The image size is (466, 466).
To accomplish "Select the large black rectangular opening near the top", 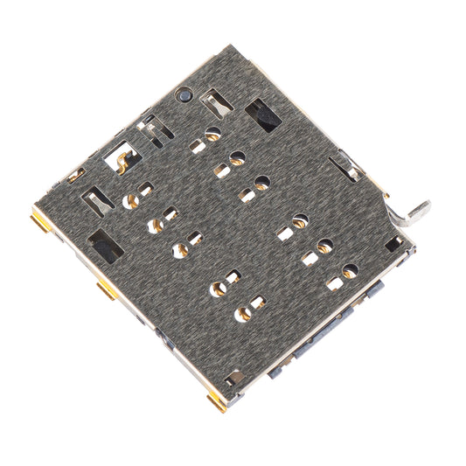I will click(x=262, y=115).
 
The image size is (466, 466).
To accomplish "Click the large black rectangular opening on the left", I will click(x=106, y=247).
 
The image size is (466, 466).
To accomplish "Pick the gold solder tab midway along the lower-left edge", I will click(x=107, y=289).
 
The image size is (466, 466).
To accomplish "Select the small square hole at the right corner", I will click(x=393, y=243).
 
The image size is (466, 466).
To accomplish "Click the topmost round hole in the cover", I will click(x=212, y=134).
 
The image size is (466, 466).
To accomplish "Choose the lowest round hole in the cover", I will click(x=241, y=314).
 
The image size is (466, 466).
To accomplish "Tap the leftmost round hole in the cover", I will click(x=133, y=200).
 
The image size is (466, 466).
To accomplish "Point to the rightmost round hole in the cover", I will click(x=350, y=271).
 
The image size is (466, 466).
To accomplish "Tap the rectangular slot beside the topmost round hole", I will click(x=198, y=146).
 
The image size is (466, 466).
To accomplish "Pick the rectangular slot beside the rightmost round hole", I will click(x=335, y=282).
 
